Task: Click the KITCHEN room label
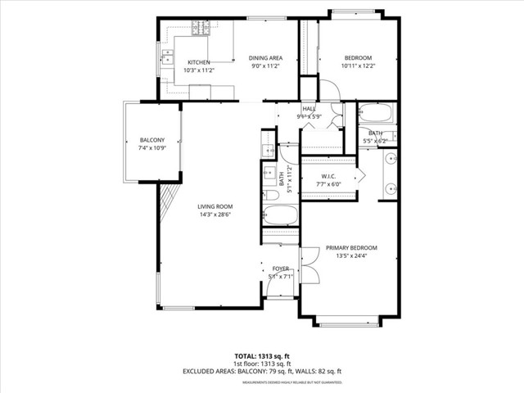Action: [x=198, y=62]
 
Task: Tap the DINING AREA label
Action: [x=266, y=57]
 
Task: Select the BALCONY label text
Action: [x=151, y=139]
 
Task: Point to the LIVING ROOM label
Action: [x=215, y=206]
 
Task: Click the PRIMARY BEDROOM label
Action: [x=351, y=248]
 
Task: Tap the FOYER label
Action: [x=280, y=269]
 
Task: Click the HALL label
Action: [x=309, y=109]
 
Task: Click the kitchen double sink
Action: [x=167, y=58]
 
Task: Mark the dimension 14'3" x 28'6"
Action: [x=215, y=215]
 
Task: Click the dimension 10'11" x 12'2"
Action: [x=358, y=65]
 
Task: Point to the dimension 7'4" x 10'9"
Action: [x=151, y=147]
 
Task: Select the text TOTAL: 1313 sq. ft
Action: [x=262, y=357]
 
